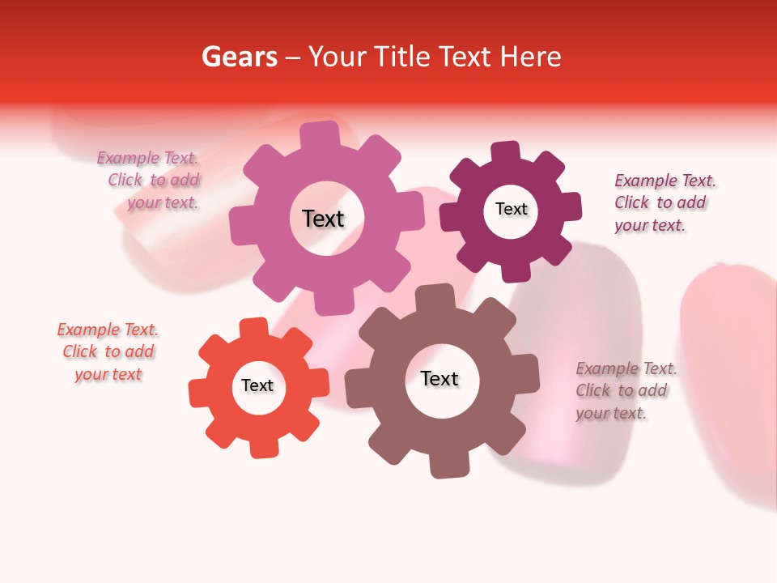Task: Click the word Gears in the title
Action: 240,57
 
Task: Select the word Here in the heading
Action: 530,57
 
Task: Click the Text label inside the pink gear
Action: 323,219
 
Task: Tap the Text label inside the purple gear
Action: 511,209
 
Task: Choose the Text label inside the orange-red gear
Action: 257,385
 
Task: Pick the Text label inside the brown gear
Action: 439,379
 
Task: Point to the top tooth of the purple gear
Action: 506,153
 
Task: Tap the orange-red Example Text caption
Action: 108,352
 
